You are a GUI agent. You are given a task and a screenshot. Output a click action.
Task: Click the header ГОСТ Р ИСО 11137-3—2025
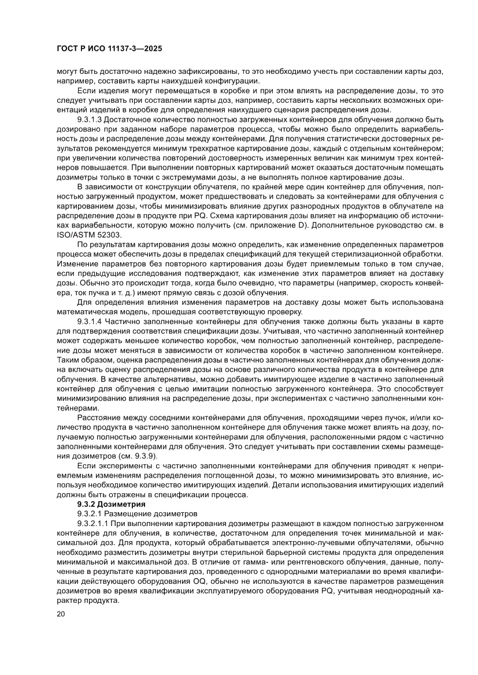(x=109, y=49)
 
